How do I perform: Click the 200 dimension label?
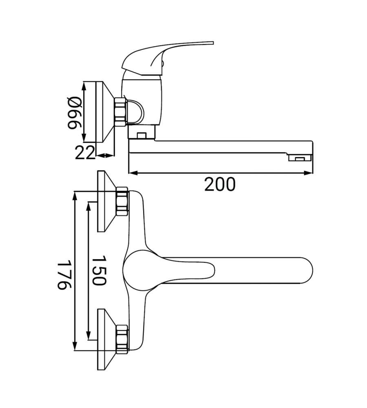pos(220,184)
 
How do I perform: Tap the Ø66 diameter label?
pos(75,113)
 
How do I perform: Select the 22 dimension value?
pos(85,153)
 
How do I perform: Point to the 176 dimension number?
pos(64,274)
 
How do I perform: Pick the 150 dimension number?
pos(99,271)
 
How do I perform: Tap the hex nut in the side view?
pos(120,112)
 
